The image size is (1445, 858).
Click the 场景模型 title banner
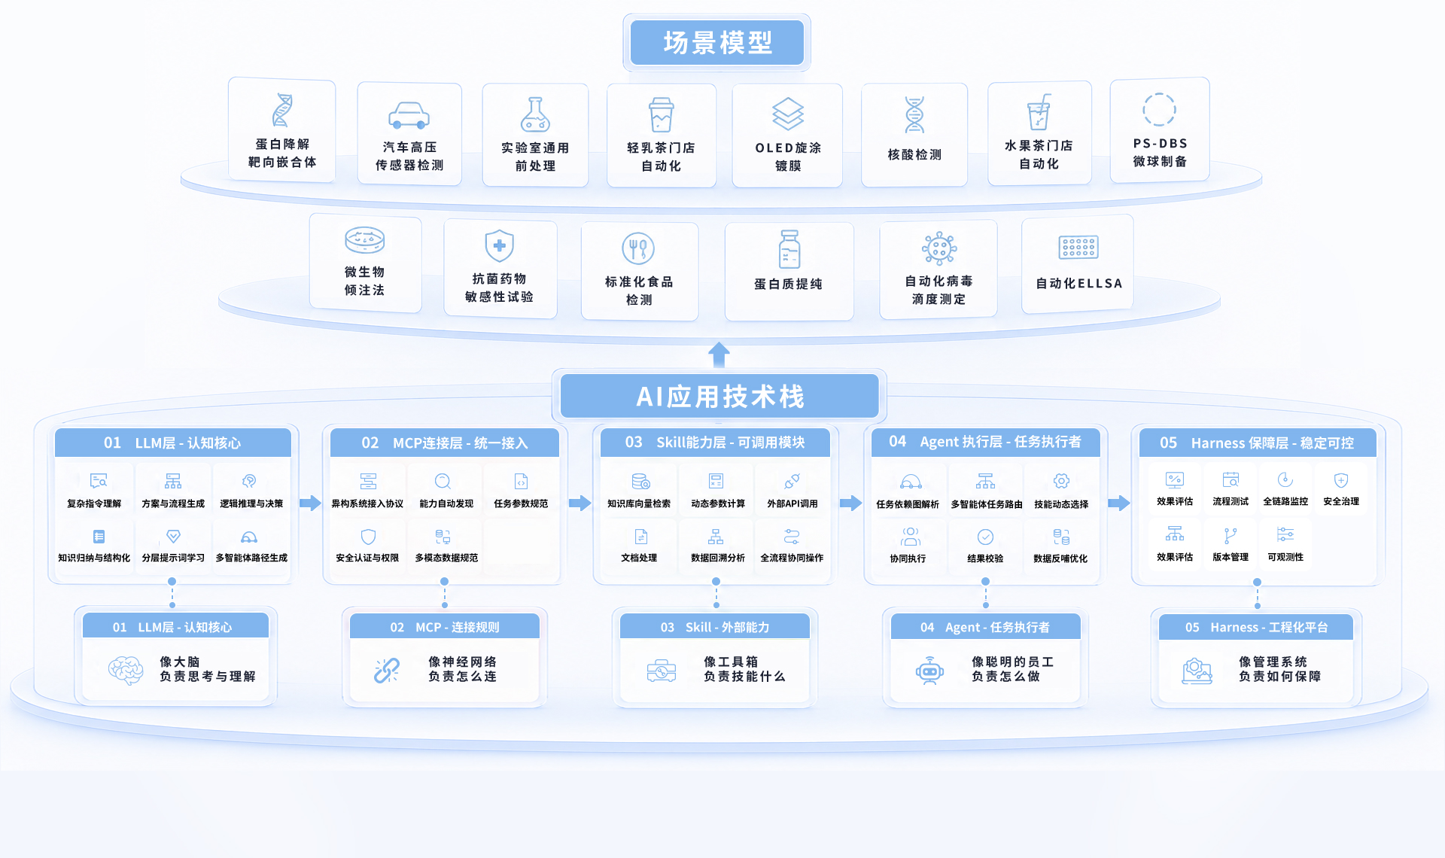tap(716, 42)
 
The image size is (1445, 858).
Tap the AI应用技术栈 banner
tap(719, 396)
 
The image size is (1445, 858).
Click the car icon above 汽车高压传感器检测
tap(409, 115)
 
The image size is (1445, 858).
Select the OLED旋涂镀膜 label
tap(788, 157)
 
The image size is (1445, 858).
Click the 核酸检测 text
tap(914, 154)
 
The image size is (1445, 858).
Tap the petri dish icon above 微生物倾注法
tap(364, 240)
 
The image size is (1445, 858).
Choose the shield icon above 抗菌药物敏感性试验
tap(499, 246)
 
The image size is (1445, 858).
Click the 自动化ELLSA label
tap(1078, 283)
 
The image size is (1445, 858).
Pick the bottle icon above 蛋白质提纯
tap(789, 249)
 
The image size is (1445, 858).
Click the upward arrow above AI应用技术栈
tap(719, 354)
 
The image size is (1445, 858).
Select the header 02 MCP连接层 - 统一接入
tap(445, 443)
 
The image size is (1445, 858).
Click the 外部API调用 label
tap(792, 504)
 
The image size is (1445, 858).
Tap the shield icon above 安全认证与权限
tap(368, 537)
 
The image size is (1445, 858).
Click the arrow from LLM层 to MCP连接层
tap(310, 503)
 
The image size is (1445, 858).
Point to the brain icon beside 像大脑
tap(126, 669)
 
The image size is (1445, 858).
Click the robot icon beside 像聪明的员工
tap(929, 670)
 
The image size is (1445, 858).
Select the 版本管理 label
tap(1231, 557)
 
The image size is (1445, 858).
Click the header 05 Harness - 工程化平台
tap(1256, 627)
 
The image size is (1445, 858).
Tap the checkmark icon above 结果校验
tap(985, 537)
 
